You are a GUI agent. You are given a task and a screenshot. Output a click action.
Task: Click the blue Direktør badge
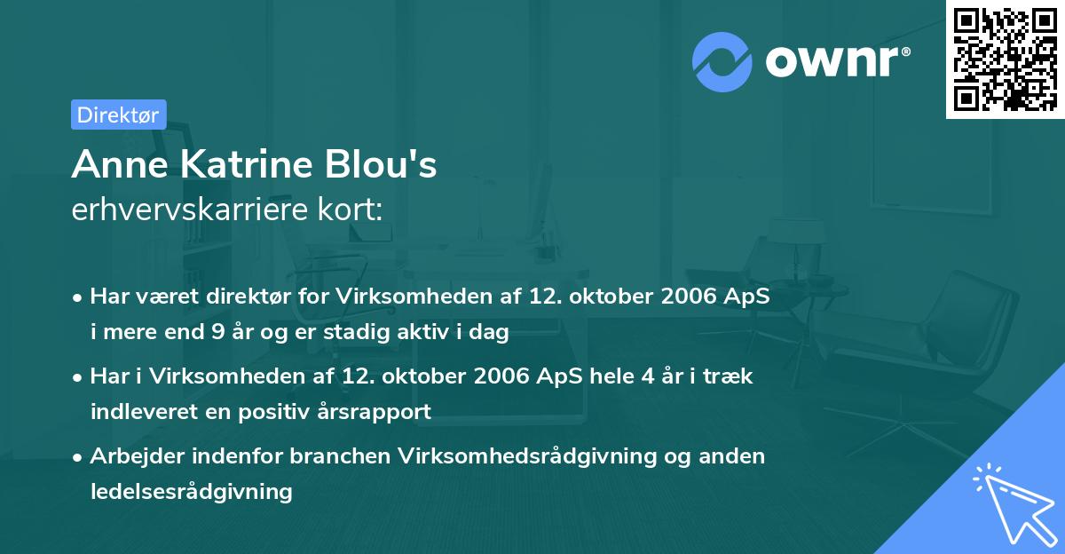click(x=118, y=115)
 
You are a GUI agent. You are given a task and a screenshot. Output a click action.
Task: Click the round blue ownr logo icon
click(x=722, y=61)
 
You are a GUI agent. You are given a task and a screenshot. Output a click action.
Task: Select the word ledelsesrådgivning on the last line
click(x=191, y=490)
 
